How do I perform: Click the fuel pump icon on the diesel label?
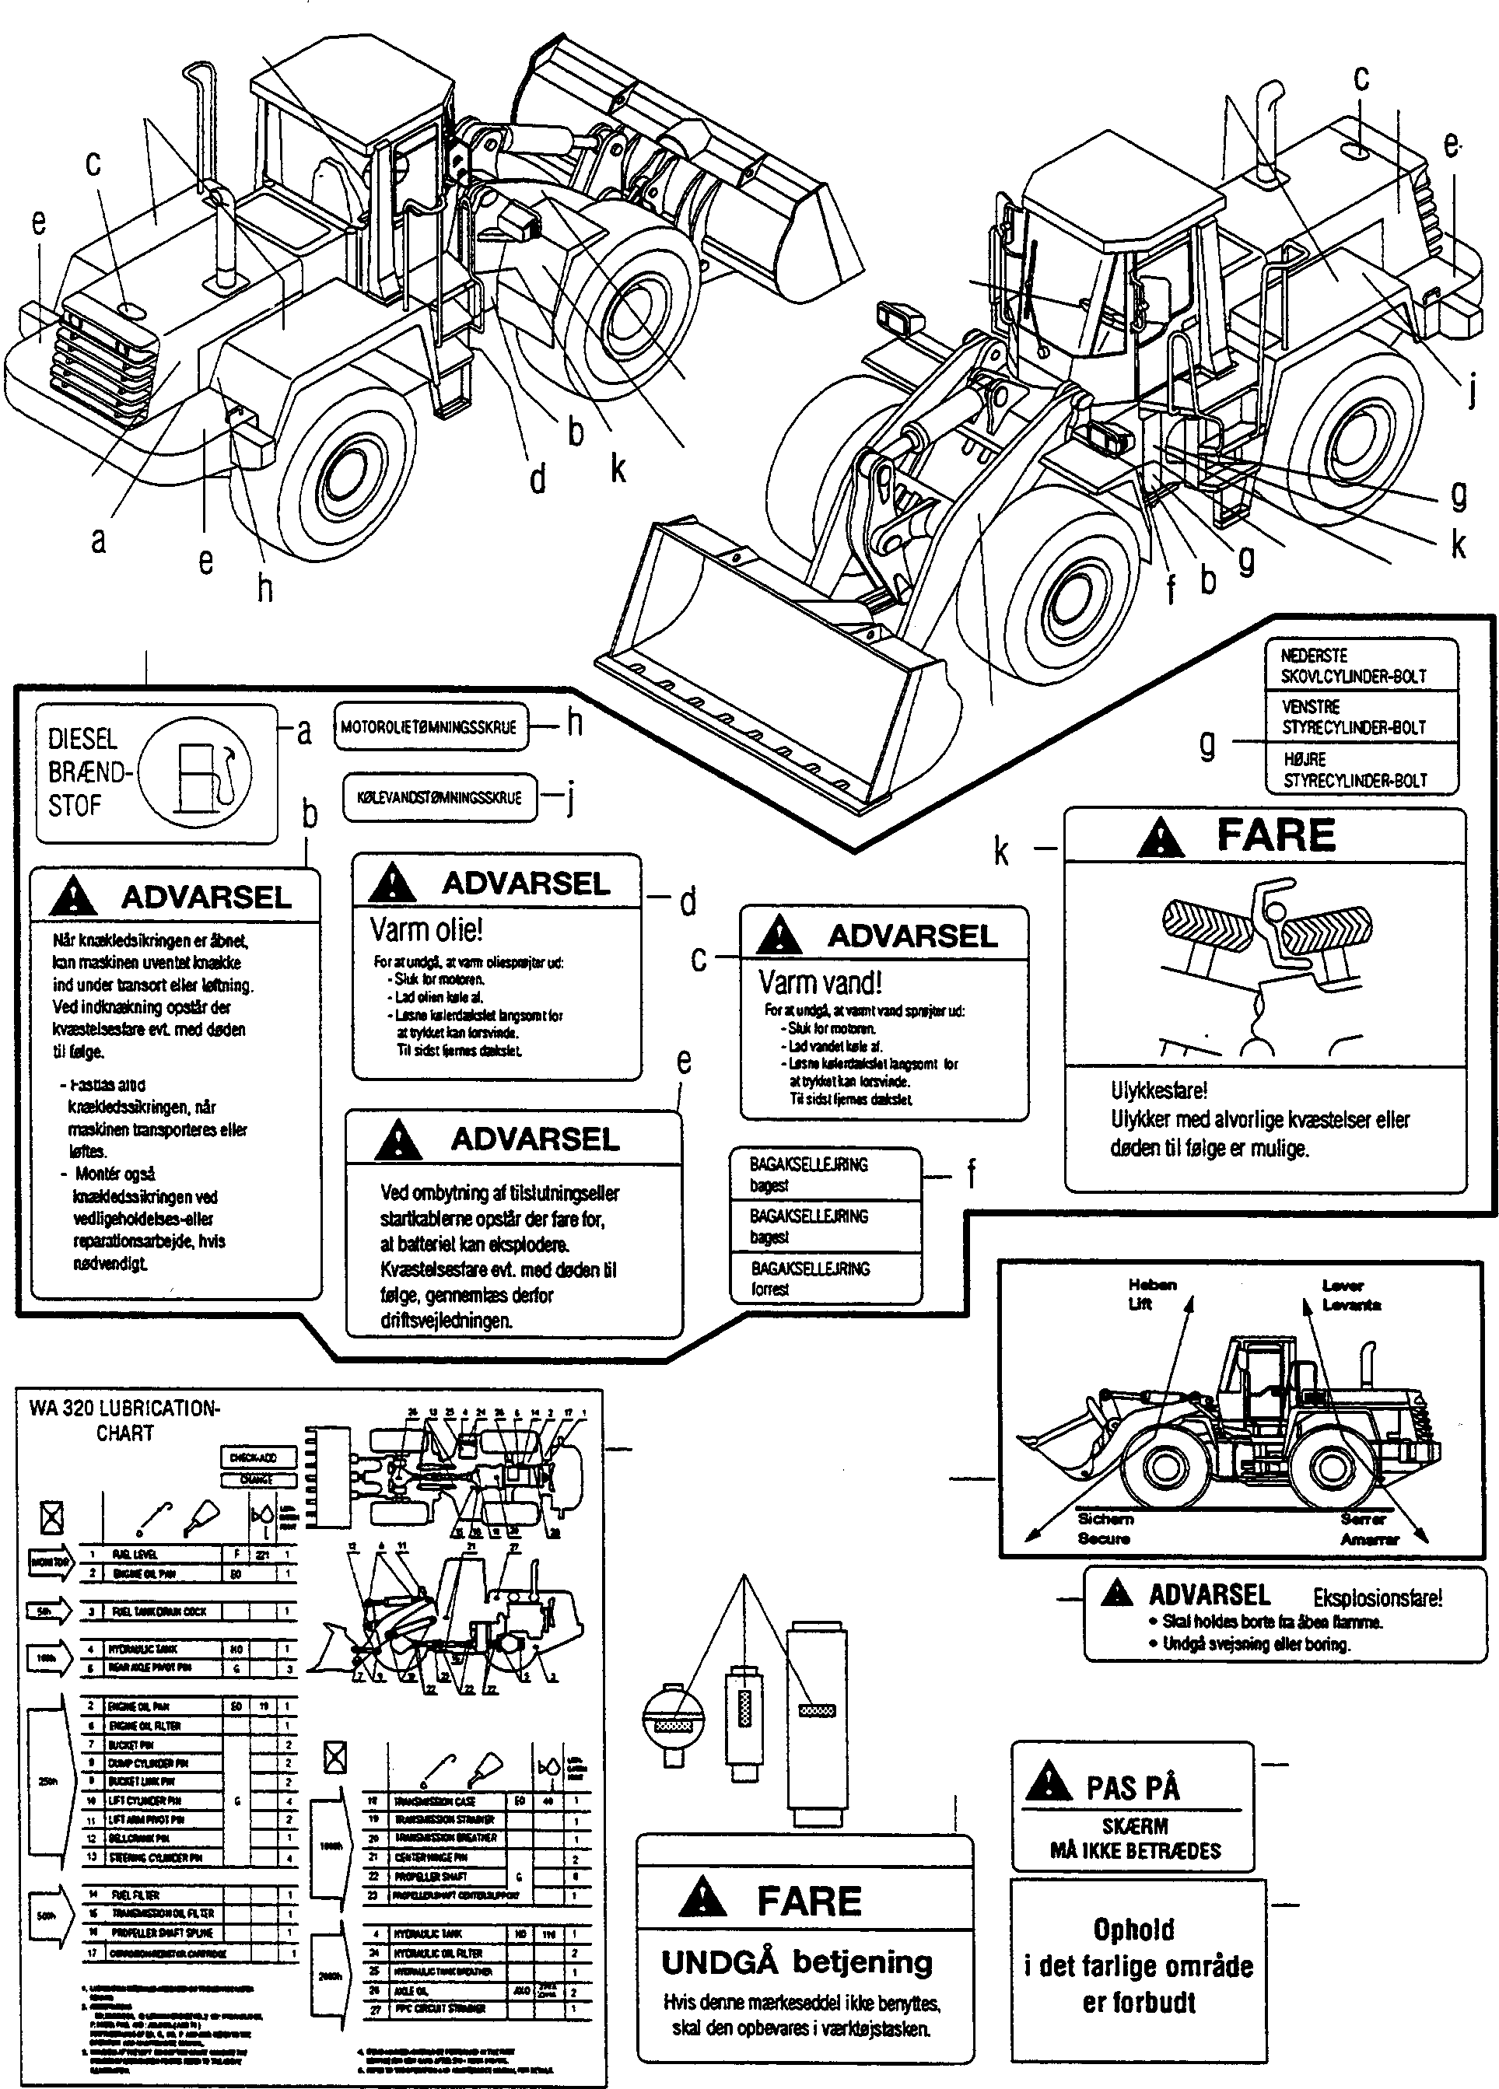coord(200,771)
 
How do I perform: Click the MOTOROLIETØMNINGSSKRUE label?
coord(429,726)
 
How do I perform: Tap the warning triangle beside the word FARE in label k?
coord(1160,836)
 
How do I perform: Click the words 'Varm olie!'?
coord(426,930)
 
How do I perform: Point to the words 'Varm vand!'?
coord(820,983)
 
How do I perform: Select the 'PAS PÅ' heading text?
coord(1133,1788)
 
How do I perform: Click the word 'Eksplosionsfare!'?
coord(1378,1598)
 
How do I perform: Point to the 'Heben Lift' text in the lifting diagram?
coord(1151,1294)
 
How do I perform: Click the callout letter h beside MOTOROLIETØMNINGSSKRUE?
coord(574,723)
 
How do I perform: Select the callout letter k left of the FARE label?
coord(1001,852)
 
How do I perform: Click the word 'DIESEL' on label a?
coord(82,739)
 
